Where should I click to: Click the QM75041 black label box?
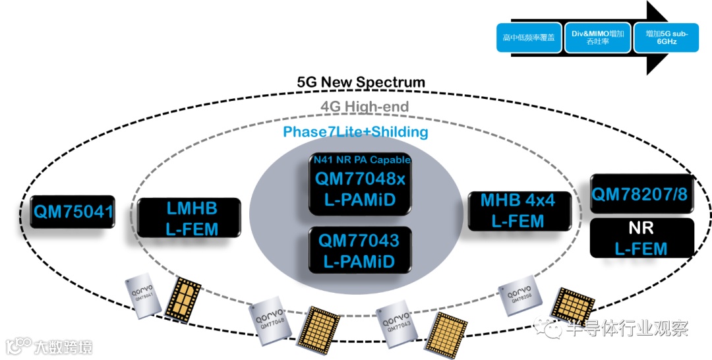[73, 212]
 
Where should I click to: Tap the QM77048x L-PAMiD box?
[360, 183]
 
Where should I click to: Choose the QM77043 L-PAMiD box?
[360, 251]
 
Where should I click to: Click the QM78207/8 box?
[642, 194]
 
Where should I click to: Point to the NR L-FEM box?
[641, 238]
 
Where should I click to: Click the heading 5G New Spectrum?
[361, 82]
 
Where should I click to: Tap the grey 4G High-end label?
[365, 106]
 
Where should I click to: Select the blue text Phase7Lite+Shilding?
[355, 132]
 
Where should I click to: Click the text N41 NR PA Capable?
[362, 160]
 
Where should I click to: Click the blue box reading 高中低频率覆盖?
[528, 38]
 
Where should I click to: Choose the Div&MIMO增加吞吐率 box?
[597, 38]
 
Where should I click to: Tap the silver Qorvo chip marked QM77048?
[269, 323]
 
